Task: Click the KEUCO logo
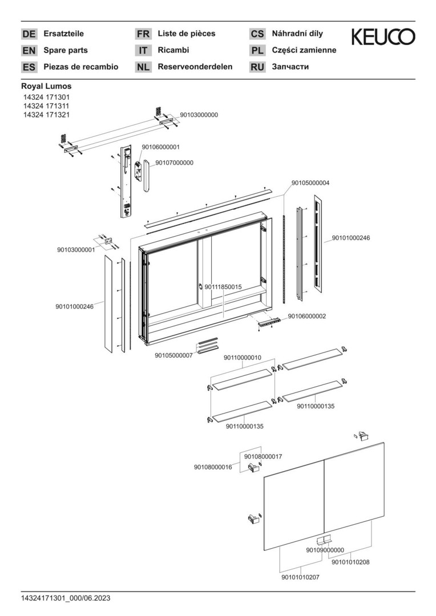click(x=382, y=37)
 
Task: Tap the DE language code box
click(x=29, y=34)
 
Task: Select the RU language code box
click(x=257, y=67)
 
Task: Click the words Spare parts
click(x=66, y=50)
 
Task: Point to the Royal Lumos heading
click(x=46, y=87)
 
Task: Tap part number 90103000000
click(x=199, y=115)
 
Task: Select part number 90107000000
click(x=174, y=163)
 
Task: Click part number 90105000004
click(x=310, y=183)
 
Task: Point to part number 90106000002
click(x=307, y=316)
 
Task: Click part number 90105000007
click(x=173, y=355)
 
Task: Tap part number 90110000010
click(x=242, y=358)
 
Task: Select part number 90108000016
click(x=212, y=467)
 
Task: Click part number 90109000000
click(x=325, y=550)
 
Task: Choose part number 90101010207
click(x=300, y=577)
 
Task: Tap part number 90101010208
click(x=350, y=562)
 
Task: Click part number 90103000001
click(x=76, y=250)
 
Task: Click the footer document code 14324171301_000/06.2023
click(x=66, y=598)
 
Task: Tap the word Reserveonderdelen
click(x=195, y=67)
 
